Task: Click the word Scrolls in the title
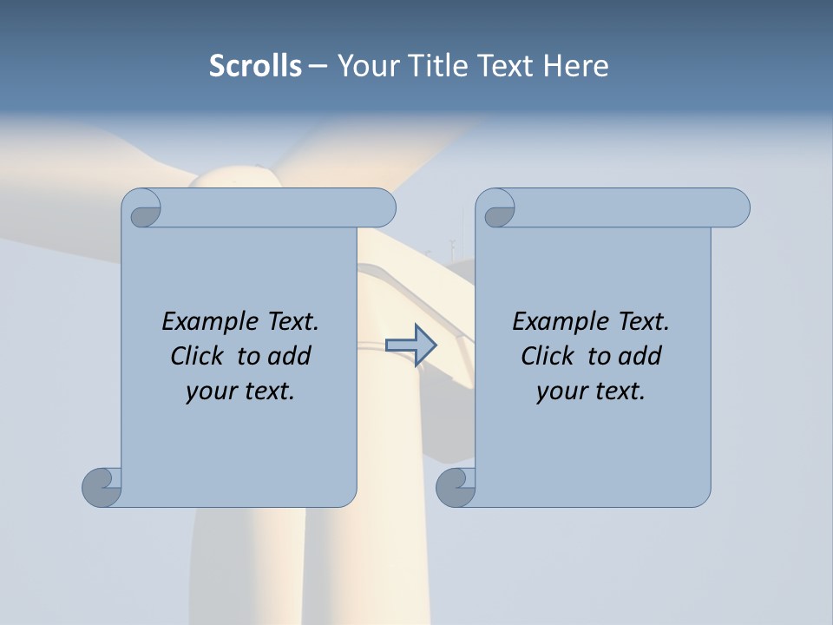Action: (x=256, y=66)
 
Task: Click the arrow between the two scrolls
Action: (x=410, y=345)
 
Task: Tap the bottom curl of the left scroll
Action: (x=102, y=486)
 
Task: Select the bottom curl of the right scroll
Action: (x=456, y=486)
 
